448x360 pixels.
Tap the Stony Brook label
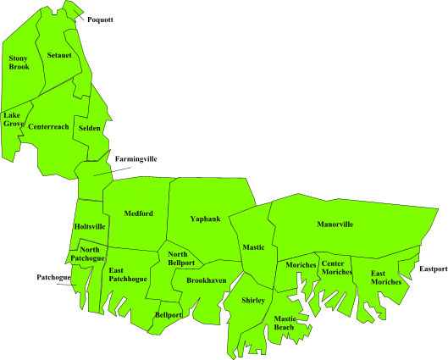point(19,63)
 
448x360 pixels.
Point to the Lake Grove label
point(14,119)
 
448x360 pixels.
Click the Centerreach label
point(48,127)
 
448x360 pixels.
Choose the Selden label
point(90,129)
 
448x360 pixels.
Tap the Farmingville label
point(136,158)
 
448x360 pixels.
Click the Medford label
point(138,213)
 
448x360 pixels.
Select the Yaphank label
point(205,219)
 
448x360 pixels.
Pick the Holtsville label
point(90,227)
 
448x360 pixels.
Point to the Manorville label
point(335,224)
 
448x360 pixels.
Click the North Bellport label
point(181,258)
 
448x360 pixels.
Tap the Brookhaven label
point(206,280)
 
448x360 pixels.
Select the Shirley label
point(253,301)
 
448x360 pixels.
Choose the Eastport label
point(433,269)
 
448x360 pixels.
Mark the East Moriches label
point(386,277)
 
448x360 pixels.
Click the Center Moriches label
point(337,267)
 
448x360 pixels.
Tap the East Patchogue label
point(128,274)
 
